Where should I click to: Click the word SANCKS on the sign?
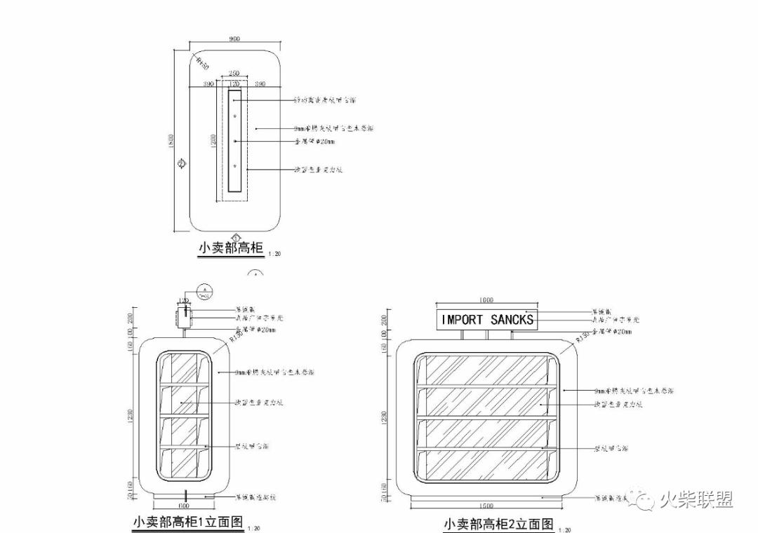coord(512,320)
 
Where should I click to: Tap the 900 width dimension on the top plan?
coord(234,39)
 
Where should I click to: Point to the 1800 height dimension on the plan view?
coord(171,140)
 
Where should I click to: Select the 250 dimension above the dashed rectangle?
coord(234,74)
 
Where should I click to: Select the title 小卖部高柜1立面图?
coord(188,522)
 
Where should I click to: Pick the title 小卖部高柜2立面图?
coord(498,524)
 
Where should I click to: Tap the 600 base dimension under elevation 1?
coord(184,504)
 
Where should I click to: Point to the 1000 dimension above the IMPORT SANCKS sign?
coord(486,300)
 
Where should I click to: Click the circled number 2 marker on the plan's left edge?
coord(181,164)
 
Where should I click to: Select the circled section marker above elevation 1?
coord(204,290)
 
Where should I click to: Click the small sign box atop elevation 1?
coord(184,316)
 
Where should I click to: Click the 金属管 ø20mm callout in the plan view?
coord(315,142)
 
